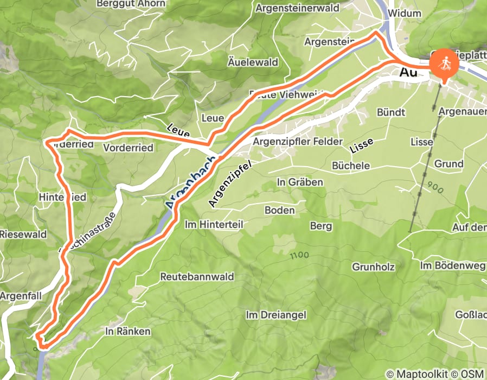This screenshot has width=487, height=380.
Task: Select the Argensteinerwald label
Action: click(x=297, y=8)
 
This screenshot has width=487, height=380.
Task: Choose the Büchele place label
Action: click(x=350, y=166)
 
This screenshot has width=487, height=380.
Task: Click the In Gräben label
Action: click(x=300, y=182)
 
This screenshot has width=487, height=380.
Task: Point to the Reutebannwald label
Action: click(x=197, y=277)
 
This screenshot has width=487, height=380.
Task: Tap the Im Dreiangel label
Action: click(x=276, y=315)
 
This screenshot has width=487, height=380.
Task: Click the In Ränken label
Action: click(x=127, y=331)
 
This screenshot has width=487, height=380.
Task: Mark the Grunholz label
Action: click(x=373, y=267)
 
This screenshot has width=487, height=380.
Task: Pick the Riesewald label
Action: click(x=23, y=235)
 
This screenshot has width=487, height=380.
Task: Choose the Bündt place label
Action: click(x=391, y=112)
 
